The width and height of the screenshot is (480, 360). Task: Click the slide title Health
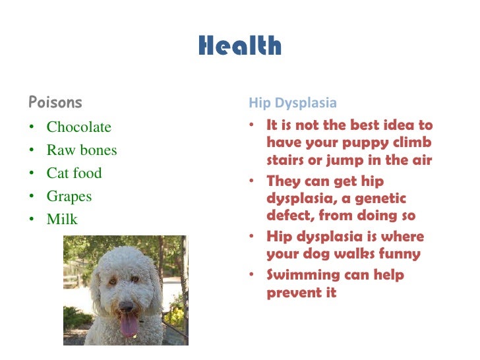pyautogui.click(x=239, y=47)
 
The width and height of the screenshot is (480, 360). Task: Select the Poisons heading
pyautogui.click(x=55, y=102)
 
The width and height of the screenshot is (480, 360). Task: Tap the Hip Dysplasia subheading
pyautogui.click(x=293, y=103)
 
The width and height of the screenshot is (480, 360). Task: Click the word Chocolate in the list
pyautogui.click(x=79, y=127)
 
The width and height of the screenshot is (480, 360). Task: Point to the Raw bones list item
pyautogui.click(x=81, y=150)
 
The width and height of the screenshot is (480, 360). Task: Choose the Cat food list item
pyautogui.click(x=74, y=173)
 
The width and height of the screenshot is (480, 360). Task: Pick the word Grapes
pyautogui.click(x=69, y=196)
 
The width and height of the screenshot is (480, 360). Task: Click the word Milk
pyautogui.click(x=62, y=220)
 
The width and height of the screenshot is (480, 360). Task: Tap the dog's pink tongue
pyautogui.click(x=129, y=325)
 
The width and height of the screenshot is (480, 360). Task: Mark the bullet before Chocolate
pyautogui.click(x=32, y=127)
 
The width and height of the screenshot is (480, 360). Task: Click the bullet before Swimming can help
pyautogui.click(x=252, y=275)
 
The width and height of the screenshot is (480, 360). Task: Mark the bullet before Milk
pyautogui.click(x=32, y=220)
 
